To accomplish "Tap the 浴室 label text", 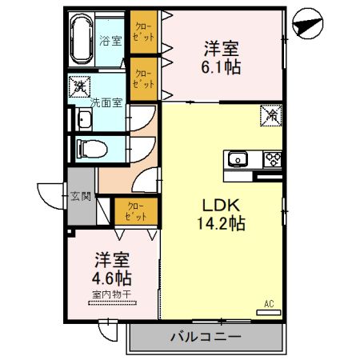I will pyautogui.click(x=110, y=39).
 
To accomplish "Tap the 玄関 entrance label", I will pyautogui.click(x=81, y=194).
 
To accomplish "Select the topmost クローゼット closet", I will pyautogui.click(x=145, y=34).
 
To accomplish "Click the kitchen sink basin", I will pyautogui.click(x=239, y=159).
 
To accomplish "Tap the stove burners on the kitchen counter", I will pyautogui.click(x=272, y=158).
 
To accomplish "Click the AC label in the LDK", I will pyautogui.click(x=270, y=303).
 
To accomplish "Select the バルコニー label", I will pyautogui.click(x=205, y=337).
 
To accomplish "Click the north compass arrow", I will pyautogui.click(x=306, y=26).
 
